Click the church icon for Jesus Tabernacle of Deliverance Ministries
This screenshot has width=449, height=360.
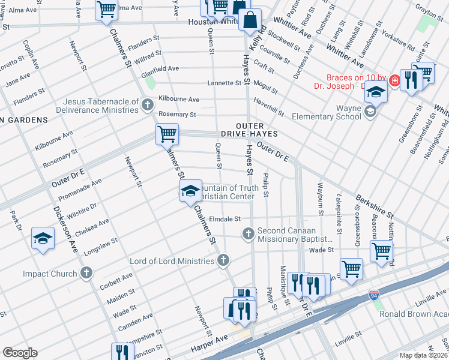148,106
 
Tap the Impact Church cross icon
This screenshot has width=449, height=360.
86,274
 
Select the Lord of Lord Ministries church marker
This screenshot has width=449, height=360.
223,260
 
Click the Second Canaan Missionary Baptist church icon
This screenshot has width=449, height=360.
248,234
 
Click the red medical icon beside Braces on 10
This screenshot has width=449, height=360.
394,80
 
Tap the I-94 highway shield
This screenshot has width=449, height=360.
373,295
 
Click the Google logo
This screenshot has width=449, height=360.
20,353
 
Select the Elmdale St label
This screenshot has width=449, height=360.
225,219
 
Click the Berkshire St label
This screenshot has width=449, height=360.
373,206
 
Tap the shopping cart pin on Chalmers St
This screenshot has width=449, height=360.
167,134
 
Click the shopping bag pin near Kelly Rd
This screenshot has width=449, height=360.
249,20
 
